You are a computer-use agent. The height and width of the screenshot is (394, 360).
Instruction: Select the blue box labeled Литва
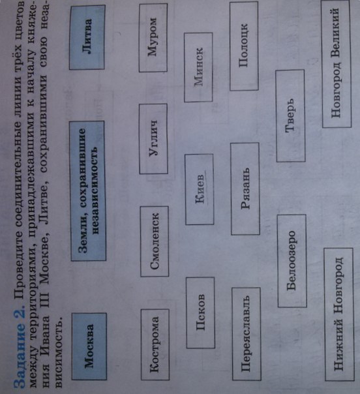click(87, 37)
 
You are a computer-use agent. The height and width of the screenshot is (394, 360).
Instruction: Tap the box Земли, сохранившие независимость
click(87, 190)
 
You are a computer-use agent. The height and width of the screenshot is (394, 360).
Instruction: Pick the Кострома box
click(155, 344)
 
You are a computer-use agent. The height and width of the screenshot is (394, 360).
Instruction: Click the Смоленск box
click(155, 241)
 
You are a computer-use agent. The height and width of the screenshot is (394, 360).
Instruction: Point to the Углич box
click(153, 139)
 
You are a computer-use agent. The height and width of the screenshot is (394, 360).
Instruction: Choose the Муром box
click(153, 38)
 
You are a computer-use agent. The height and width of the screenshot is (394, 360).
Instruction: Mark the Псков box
click(200, 312)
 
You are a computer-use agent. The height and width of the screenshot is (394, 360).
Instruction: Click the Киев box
click(200, 189)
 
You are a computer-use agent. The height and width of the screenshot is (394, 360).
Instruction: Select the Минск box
click(198, 67)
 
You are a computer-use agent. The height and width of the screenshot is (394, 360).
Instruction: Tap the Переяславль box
click(247, 334)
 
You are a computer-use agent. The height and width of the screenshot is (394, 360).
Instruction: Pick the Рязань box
click(245, 189)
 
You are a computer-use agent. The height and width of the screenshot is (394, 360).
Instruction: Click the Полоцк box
click(244, 46)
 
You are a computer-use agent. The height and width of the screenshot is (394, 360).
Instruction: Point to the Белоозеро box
click(292, 261)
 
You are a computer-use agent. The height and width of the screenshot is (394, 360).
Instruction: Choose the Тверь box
click(290, 115)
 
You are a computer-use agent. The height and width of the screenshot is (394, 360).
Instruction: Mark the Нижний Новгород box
click(339, 314)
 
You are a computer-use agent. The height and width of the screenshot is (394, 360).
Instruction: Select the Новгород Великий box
click(336, 63)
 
